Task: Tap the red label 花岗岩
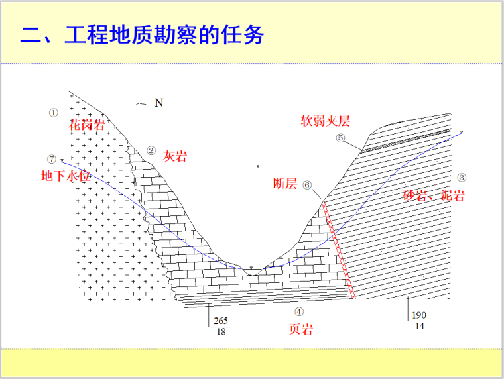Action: coord(87,125)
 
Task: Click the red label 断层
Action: coord(285,184)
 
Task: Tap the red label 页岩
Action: coord(300,329)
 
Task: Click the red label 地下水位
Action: coord(65,176)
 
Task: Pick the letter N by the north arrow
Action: coord(158,103)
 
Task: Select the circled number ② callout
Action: coord(151,150)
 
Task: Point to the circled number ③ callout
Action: coord(462,177)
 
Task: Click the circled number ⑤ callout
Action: coord(340,138)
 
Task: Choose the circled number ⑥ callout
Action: coord(307,186)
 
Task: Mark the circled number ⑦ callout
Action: coord(52,159)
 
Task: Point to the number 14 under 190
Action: coord(418,326)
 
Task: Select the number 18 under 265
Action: coord(220,331)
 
